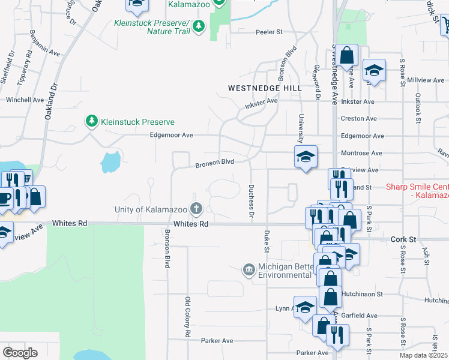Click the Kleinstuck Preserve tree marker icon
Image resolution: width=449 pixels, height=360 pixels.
pos(91,122)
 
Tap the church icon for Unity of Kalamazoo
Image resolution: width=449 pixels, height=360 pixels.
pos(196,209)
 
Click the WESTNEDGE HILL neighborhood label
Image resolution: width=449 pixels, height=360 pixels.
pos(265,88)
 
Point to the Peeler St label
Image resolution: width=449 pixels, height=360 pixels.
pos(269,32)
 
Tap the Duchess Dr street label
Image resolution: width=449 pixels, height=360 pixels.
pos(252,201)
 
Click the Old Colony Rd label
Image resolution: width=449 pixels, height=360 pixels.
pos(188,316)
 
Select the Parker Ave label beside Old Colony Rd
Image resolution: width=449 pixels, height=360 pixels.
pos(217,341)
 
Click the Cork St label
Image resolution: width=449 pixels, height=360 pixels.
pos(403,239)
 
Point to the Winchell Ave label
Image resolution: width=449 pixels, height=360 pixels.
pos(25,100)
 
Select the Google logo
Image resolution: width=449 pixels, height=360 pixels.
pos(19,353)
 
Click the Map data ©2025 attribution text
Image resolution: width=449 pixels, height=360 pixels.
pos(424,355)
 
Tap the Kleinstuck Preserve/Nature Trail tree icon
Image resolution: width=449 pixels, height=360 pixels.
pos(199,26)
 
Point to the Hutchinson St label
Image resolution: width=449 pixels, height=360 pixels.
pos(362,294)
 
